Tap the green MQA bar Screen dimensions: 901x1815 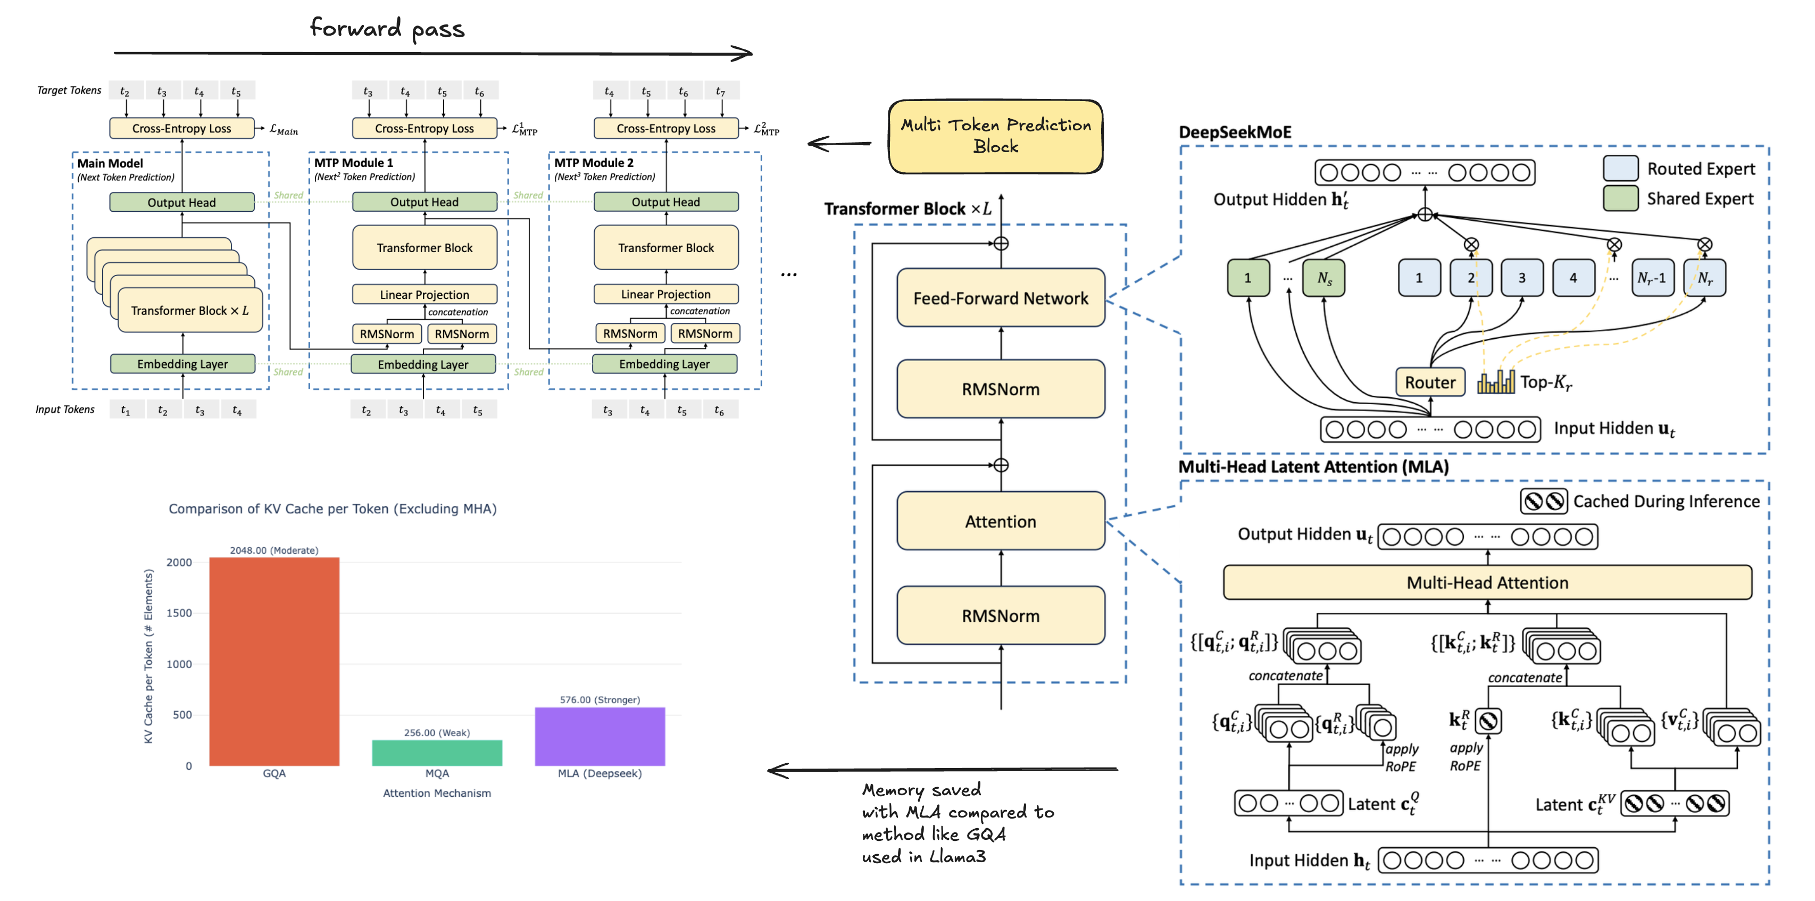(x=437, y=753)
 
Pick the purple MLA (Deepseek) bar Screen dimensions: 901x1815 (x=600, y=736)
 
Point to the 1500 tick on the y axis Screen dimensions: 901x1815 (x=179, y=613)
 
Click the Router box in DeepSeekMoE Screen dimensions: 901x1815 (x=1429, y=382)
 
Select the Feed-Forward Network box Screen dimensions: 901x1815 (x=1001, y=298)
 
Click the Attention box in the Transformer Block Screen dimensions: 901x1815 (x=1001, y=521)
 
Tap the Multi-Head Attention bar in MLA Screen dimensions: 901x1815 (x=1487, y=582)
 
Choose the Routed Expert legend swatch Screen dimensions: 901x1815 (x=1620, y=169)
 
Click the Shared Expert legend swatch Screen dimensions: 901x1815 (x=1620, y=199)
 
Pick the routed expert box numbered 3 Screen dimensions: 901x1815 (x=1522, y=278)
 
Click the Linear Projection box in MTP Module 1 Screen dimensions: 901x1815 (x=424, y=295)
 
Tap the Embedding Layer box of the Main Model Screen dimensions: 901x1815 (x=182, y=363)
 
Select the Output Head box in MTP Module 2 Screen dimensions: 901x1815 (x=666, y=202)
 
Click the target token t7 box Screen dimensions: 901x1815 (x=720, y=91)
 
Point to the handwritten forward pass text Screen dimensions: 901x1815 (x=387, y=28)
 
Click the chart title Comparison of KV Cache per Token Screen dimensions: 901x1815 (x=332, y=508)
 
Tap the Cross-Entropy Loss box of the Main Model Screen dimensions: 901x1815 (x=182, y=128)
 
